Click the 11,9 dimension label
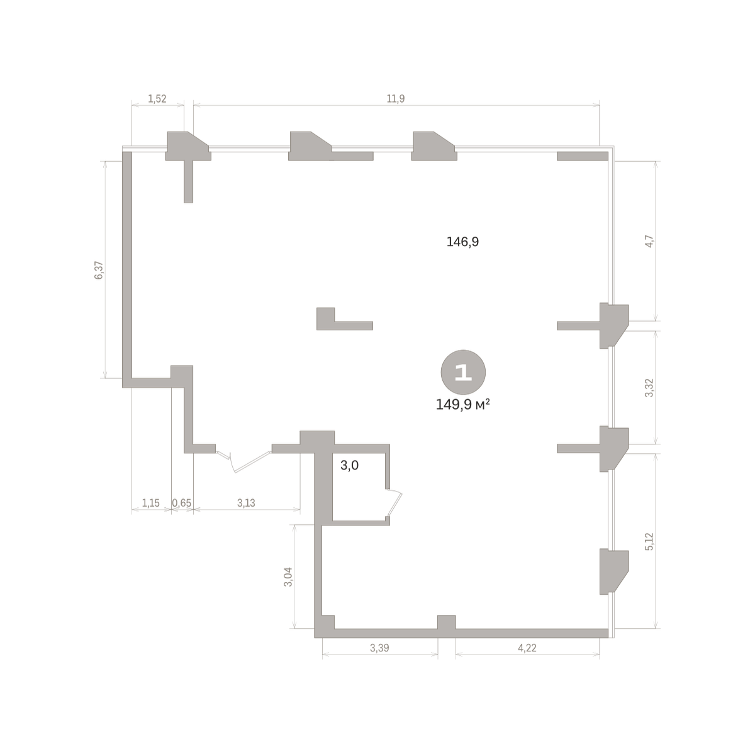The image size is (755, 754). click(395, 99)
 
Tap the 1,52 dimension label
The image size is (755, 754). click(157, 99)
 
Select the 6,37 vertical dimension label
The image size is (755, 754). click(99, 270)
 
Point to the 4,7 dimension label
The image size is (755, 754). click(649, 241)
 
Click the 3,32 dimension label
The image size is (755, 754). click(649, 388)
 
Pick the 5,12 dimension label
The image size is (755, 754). click(649, 541)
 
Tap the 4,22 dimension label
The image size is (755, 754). click(527, 648)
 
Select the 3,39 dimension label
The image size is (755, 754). click(379, 648)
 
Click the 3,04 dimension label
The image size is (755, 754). click(288, 577)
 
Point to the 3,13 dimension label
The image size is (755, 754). click(246, 503)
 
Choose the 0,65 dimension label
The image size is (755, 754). click(182, 503)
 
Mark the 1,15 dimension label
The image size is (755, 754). click(151, 503)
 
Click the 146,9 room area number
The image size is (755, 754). click(462, 242)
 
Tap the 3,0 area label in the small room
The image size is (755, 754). click(349, 465)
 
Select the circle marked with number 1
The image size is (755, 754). click(463, 372)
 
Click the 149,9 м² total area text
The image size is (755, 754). click(462, 405)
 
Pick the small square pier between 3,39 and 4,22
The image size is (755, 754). click(446, 622)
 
